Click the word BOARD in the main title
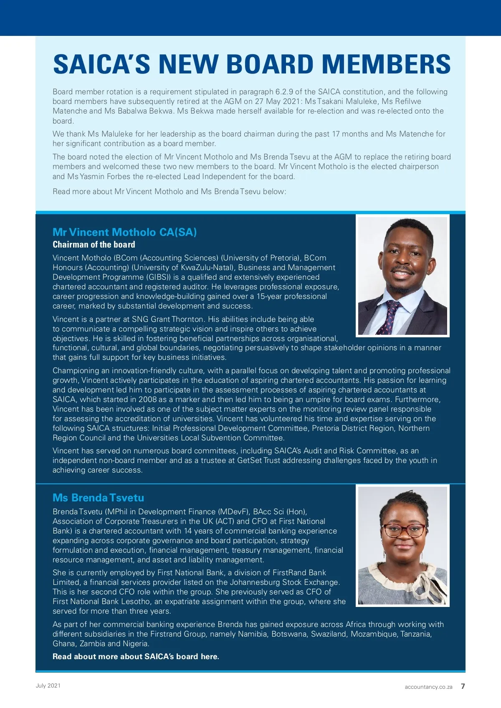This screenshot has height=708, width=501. pos(270,64)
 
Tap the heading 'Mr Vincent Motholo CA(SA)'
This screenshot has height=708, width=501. pos(124,232)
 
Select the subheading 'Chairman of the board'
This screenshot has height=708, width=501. pos(94,245)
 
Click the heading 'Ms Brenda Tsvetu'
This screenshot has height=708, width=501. pos(98,498)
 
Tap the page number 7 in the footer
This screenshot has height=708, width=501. pos(463,686)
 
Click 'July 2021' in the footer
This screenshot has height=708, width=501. pos(48,685)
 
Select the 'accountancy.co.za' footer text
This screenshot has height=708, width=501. pos(428,687)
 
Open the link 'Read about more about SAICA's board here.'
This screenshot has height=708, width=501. pos(136,656)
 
